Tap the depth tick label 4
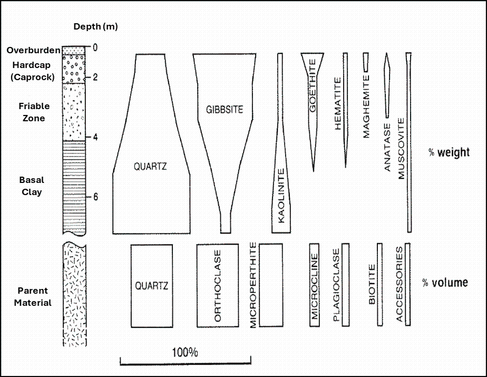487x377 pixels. (x=95, y=138)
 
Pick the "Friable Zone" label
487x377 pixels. (x=33, y=112)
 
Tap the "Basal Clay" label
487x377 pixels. (x=32, y=186)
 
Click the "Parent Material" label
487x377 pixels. (x=33, y=296)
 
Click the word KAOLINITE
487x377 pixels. (x=281, y=195)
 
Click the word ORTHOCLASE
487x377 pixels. (x=218, y=286)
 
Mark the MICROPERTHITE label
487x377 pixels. (x=253, y=285)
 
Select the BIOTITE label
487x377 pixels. (x=372, y=285)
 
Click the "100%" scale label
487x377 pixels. (x=185, y=352)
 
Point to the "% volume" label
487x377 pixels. (x=445, y=283)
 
